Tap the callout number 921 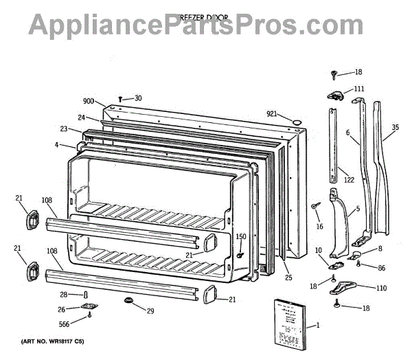tap(273, 113)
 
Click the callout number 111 tap(359, 89)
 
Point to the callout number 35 tap(395, 127)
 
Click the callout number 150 tap(240, 237)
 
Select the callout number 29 tap(150, 311)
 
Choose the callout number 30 tap(138, 98)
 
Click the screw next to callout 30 tap(121, 99)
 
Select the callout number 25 tap(288, 278)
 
